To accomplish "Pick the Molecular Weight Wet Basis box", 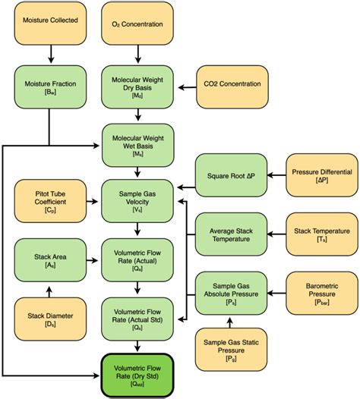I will click(x=137, y=142).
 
